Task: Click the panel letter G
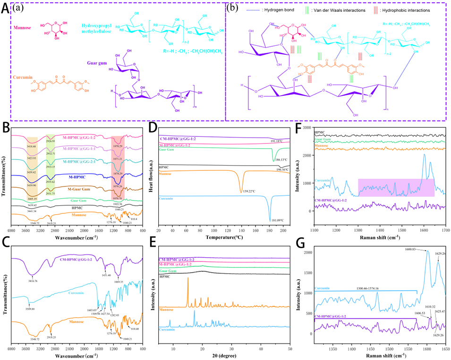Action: [300, 235]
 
